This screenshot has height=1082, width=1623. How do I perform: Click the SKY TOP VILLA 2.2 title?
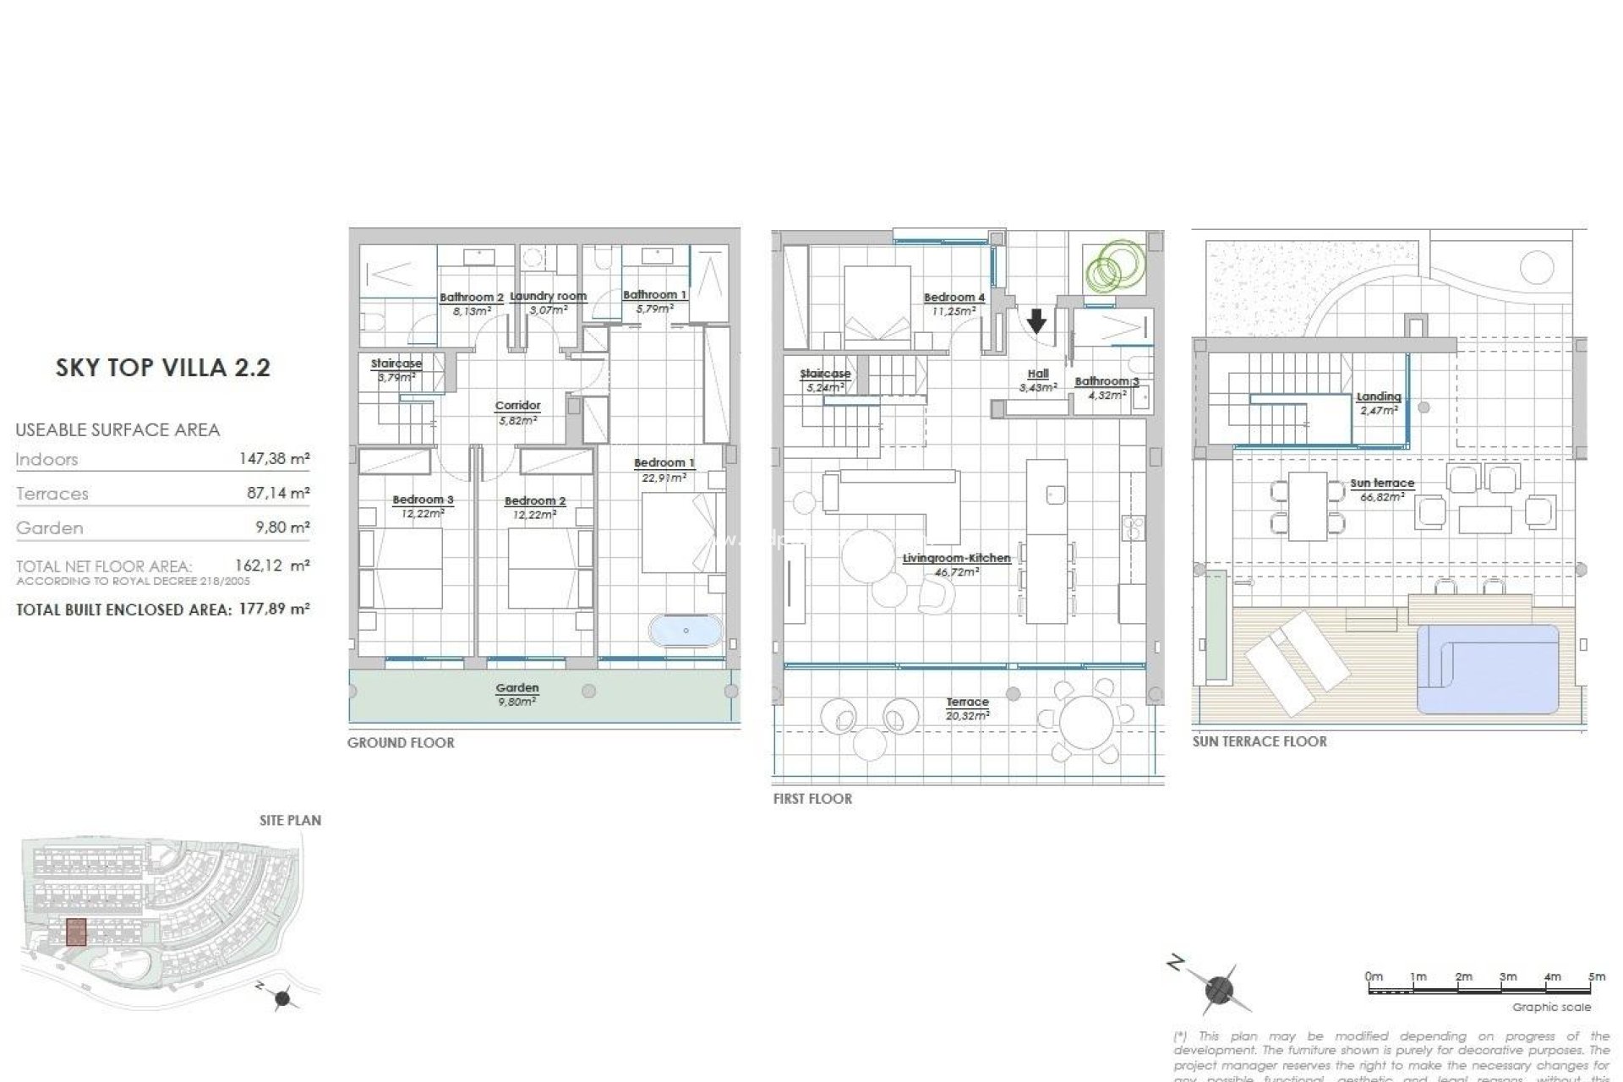(x=163, y=368)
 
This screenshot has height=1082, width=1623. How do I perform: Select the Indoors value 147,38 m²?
(x=274, y=459)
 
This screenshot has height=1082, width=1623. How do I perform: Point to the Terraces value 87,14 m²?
(x=277, y=493)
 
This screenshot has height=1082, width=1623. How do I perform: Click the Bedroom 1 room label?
(x=664, y=463)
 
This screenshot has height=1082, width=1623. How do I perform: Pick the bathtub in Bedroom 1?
(x=686, y=631)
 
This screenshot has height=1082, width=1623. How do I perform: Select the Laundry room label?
(x=548, y=297)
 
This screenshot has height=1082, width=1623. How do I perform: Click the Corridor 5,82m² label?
(x=517, y=413)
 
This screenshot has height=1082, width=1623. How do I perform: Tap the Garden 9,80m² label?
(x=517, y=694)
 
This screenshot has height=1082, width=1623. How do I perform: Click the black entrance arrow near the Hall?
(x=1036, y=321)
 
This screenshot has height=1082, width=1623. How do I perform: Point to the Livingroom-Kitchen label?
(x=956, y=559)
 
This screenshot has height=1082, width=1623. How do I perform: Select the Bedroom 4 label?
(x=954, y=298)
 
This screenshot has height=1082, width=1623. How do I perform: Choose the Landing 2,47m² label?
(x=1379, y=402)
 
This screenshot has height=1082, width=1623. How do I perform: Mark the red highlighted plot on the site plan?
(x=76, y=932)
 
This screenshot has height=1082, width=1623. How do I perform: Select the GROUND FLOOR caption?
(x=401, y=743)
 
